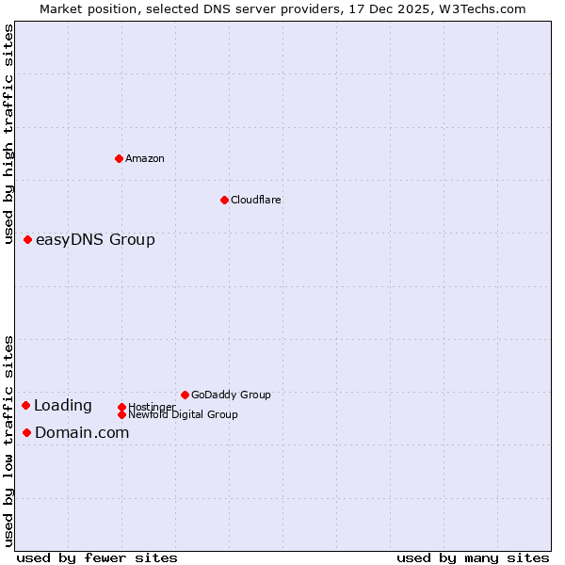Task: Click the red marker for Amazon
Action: tap(119, 158)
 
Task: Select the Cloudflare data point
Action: tap(224, 200)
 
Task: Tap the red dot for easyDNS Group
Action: tap(28, 240)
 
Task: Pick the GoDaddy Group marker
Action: tap(185, 395)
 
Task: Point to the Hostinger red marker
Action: tap(121, 407)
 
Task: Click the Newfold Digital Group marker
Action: tap(121, 414)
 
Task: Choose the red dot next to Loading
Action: tap(26, 405)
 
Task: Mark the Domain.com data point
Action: tap(27, 432)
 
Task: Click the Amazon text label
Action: tap(145, 158)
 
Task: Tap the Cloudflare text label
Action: tap(255, 200)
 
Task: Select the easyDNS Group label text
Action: tap(95, 240)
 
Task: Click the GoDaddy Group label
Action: tap(231, 395)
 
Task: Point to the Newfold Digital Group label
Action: tap(183, 414)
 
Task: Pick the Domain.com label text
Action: tap(82, 433)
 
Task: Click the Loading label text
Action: tap(63, 406)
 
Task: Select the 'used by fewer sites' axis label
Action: tap(97, 557)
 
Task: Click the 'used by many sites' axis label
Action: tap(473, 557)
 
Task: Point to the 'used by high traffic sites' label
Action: tap(8, 134)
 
